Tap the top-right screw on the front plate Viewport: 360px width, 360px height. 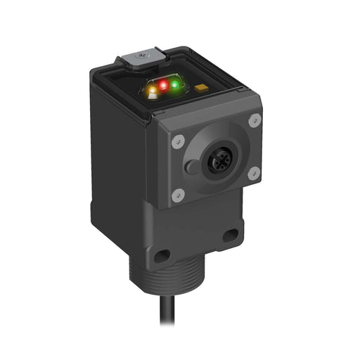tap(255, 119)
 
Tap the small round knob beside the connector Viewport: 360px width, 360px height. tap(191, 167)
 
